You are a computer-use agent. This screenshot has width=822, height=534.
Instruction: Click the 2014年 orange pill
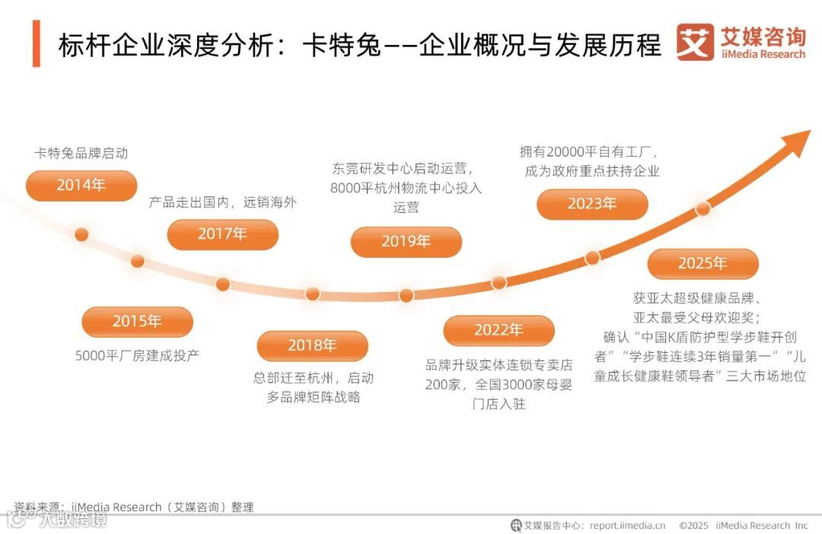point(81,185)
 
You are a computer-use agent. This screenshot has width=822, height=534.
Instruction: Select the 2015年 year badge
point(137,321)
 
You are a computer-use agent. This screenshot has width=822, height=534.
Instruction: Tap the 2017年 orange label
point(222,234)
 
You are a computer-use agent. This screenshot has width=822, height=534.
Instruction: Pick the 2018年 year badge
point(312,345)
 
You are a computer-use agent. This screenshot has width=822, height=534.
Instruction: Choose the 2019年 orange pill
point(406,241)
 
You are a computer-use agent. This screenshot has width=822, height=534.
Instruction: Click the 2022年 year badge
point(499,330)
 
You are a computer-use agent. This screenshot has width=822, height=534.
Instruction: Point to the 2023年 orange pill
point(592,204)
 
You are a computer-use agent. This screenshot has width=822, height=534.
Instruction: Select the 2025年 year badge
point(703,263)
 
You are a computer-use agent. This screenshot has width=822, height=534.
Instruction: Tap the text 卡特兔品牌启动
point(81,153)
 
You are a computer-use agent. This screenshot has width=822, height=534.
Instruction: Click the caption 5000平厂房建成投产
point(137,355)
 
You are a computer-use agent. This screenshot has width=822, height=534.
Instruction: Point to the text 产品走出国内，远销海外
point(222,202)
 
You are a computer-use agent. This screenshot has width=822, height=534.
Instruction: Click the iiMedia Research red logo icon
point(695,43)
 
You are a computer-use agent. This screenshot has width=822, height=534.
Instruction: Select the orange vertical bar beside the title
point(37,44)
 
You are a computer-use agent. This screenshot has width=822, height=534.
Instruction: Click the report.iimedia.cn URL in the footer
point(627,525)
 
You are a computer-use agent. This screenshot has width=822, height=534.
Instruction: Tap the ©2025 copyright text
point(693,525)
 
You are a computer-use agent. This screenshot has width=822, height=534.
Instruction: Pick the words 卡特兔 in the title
point(328,45)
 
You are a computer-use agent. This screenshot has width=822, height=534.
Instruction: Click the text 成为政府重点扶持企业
point(592,171)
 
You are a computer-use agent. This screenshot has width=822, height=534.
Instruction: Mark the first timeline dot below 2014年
point(81,234)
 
